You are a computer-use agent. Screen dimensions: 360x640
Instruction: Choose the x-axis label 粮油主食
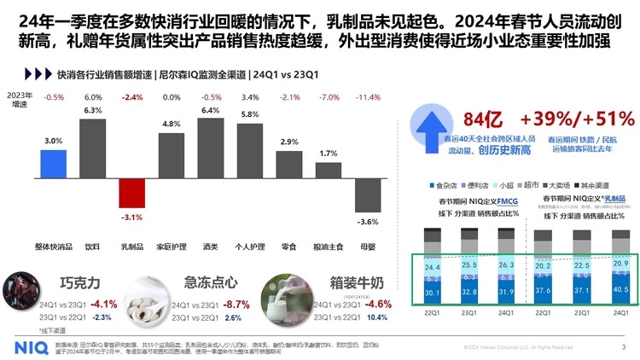tap(329, 246)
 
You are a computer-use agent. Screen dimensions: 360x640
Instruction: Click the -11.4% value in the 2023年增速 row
tap(368, 97)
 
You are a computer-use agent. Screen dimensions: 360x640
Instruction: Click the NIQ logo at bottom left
tap(32, 347)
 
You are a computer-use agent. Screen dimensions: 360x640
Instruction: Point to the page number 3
tap(623, 347)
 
